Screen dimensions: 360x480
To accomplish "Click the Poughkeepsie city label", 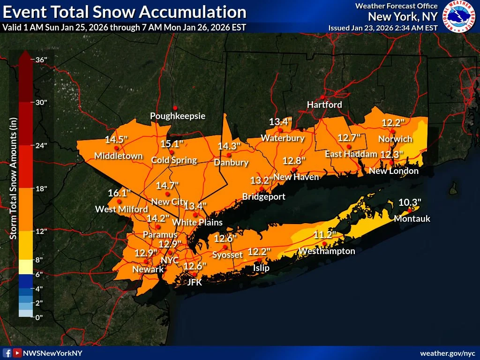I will click(x=178, y=116).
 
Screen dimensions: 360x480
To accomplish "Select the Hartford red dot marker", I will click(x=322, y=97).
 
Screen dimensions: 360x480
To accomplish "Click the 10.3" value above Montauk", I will click(x=410, y=202).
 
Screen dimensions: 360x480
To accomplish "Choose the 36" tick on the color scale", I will click(x=39, y=60).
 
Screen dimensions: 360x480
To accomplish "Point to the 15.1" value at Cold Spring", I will click(x=172, y=143).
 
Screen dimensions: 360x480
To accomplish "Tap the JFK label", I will click(x=195, y=282).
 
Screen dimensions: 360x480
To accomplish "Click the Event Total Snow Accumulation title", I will click(x=124, y=12).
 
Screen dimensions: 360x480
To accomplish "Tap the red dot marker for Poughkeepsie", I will click(x=175, y=107).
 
